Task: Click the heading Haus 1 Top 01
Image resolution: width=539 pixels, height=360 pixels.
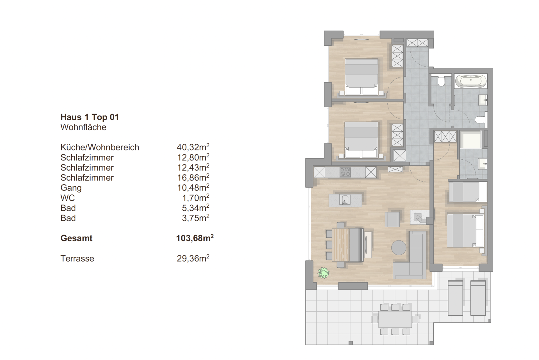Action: point(90,117)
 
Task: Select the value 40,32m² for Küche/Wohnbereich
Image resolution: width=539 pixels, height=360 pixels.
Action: point(193,147)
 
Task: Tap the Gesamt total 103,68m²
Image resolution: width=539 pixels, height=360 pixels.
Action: point(195,238)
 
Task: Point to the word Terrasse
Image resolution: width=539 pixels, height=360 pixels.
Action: point(77,258)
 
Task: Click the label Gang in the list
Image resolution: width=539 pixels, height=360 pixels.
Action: point(71,188)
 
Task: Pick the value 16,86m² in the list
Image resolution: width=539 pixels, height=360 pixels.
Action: point(193,177)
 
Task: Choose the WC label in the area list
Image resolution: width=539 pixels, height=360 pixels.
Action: point(68,198)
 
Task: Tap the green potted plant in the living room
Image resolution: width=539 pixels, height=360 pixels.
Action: point(323,272)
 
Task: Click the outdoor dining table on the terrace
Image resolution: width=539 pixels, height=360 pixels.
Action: point(395,319)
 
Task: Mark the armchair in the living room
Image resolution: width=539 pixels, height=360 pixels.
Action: point(392,219)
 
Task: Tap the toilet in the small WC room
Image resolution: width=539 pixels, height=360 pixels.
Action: point(441,82)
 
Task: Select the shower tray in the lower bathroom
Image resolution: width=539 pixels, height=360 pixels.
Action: point(471,139)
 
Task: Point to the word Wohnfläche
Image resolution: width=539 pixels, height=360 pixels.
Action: point(83,127)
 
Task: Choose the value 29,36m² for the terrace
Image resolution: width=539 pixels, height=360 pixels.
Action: point(193,258)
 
